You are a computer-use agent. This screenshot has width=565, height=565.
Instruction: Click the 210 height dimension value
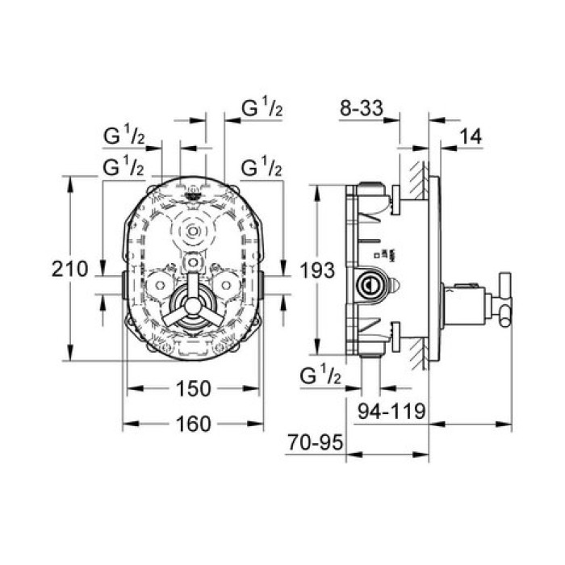pos(69,269)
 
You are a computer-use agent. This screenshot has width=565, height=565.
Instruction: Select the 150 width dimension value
pos(193,389)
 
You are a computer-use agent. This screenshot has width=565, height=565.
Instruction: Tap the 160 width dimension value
pos(193,424)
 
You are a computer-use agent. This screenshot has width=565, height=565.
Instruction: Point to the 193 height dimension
pos(317,270)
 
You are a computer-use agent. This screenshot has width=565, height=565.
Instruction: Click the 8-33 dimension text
pos(362,107)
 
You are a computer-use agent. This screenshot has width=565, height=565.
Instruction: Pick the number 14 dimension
pos(471,136)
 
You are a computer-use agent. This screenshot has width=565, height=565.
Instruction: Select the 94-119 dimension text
pos(391,411)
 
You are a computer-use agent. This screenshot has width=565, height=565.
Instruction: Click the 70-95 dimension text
pos(315,442)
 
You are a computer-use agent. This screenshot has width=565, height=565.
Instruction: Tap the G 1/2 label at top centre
pos(262,107)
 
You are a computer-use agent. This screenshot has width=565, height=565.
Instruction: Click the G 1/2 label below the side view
pos(320,375)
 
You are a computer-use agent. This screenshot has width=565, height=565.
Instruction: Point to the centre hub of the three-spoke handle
pos(193,306)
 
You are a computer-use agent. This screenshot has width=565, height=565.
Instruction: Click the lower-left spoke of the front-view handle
pos(174,317)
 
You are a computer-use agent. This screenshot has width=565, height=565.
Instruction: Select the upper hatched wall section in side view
pos(419,181)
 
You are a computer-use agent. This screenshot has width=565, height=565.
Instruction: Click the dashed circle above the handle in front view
pos(193,232)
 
